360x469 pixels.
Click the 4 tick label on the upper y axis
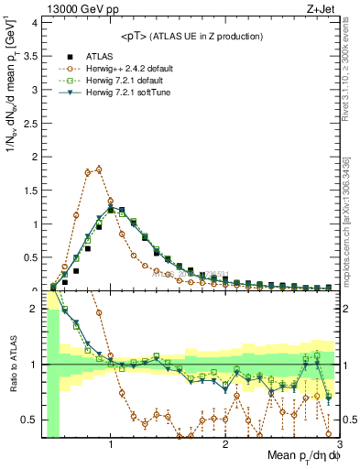tap(35, 23)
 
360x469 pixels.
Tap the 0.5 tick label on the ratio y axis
tap(31, 420)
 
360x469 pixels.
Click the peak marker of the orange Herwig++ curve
tap(99, 169)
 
